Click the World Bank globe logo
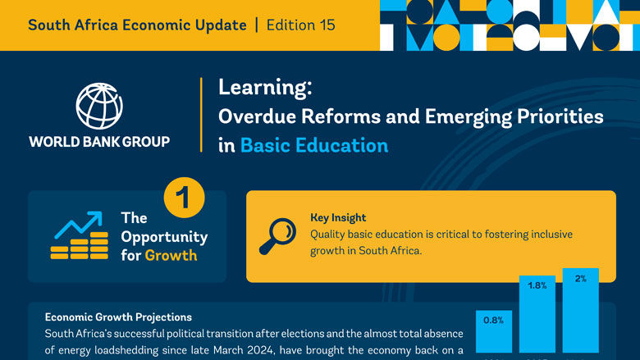[99, 105]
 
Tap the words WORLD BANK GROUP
[99, 142]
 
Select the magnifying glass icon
[277, 235]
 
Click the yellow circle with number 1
[184, 199]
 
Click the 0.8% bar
[494, 333]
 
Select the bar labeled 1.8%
[537, 316]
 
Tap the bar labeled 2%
[580, 312]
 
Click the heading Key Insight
[338, 217]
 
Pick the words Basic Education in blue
[314, 145]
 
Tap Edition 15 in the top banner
[300, 25]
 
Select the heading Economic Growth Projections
[118, 317]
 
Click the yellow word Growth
[171, 255]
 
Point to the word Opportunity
[164, 237]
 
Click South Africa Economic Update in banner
[137, 25]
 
